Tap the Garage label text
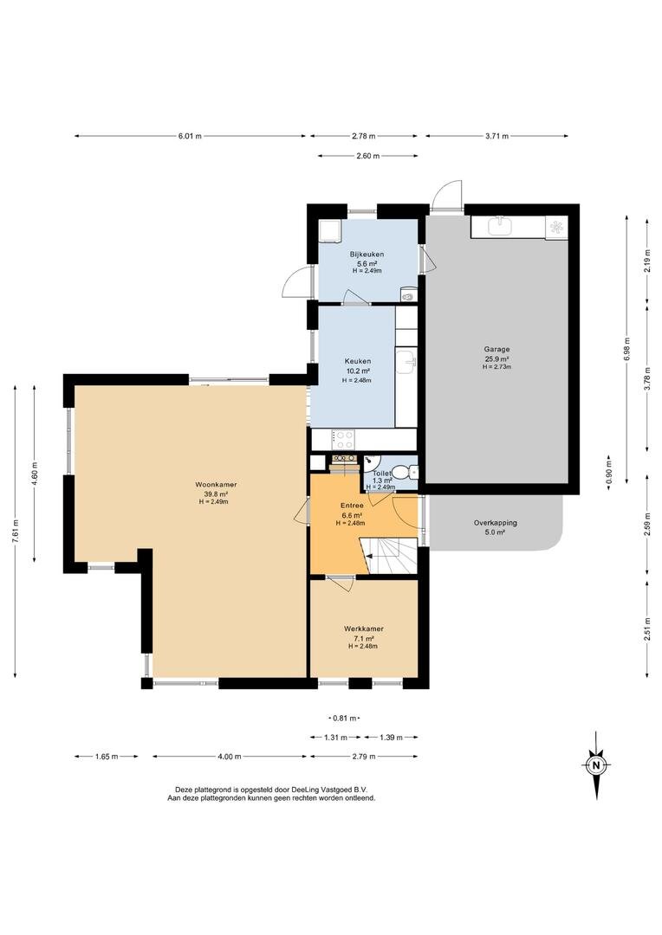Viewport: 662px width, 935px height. tap(497, 350)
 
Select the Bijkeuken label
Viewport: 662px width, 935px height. tap(367, 254)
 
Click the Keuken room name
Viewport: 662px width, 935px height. tap(358, 361)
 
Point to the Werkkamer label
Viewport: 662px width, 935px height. tap(364, 629)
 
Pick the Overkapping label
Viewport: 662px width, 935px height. tap(496, 523)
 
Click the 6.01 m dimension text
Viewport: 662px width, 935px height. tap(190, 136)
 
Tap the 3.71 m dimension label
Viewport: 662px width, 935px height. tap(497, 136)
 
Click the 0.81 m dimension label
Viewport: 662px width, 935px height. tap(345, 718)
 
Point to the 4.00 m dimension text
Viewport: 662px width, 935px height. tap(230, 757)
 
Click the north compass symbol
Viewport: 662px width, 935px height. tap(596, 765)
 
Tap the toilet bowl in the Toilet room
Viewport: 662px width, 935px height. tap(412, 472)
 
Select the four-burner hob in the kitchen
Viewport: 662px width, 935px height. tap(343, 440)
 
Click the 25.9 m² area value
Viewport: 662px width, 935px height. tap(497, 359)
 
